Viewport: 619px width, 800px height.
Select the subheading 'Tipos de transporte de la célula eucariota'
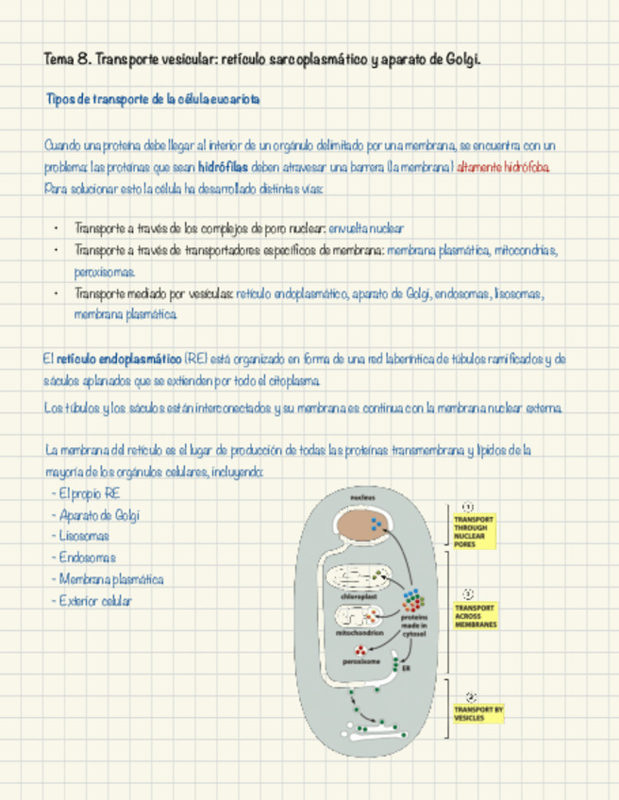click(x=153, y=99)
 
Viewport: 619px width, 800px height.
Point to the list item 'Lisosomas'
click(x=83, y=536)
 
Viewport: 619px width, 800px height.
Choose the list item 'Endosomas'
click(x=87, y=558)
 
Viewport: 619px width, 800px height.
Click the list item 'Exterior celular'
click(x=94, y=600)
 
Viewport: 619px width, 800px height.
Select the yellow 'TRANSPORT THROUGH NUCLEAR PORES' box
click(x=474, y=531)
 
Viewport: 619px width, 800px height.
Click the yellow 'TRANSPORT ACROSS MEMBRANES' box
click(x=474, y=616)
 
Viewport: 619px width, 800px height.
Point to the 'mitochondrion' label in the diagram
click(x=359, y=633)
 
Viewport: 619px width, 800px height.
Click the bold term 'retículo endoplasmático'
click(x=120, y=358)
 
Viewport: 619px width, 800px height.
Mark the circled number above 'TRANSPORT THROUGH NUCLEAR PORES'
click(x=468, y=506)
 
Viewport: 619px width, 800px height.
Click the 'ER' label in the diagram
click(x=407, y=668)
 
